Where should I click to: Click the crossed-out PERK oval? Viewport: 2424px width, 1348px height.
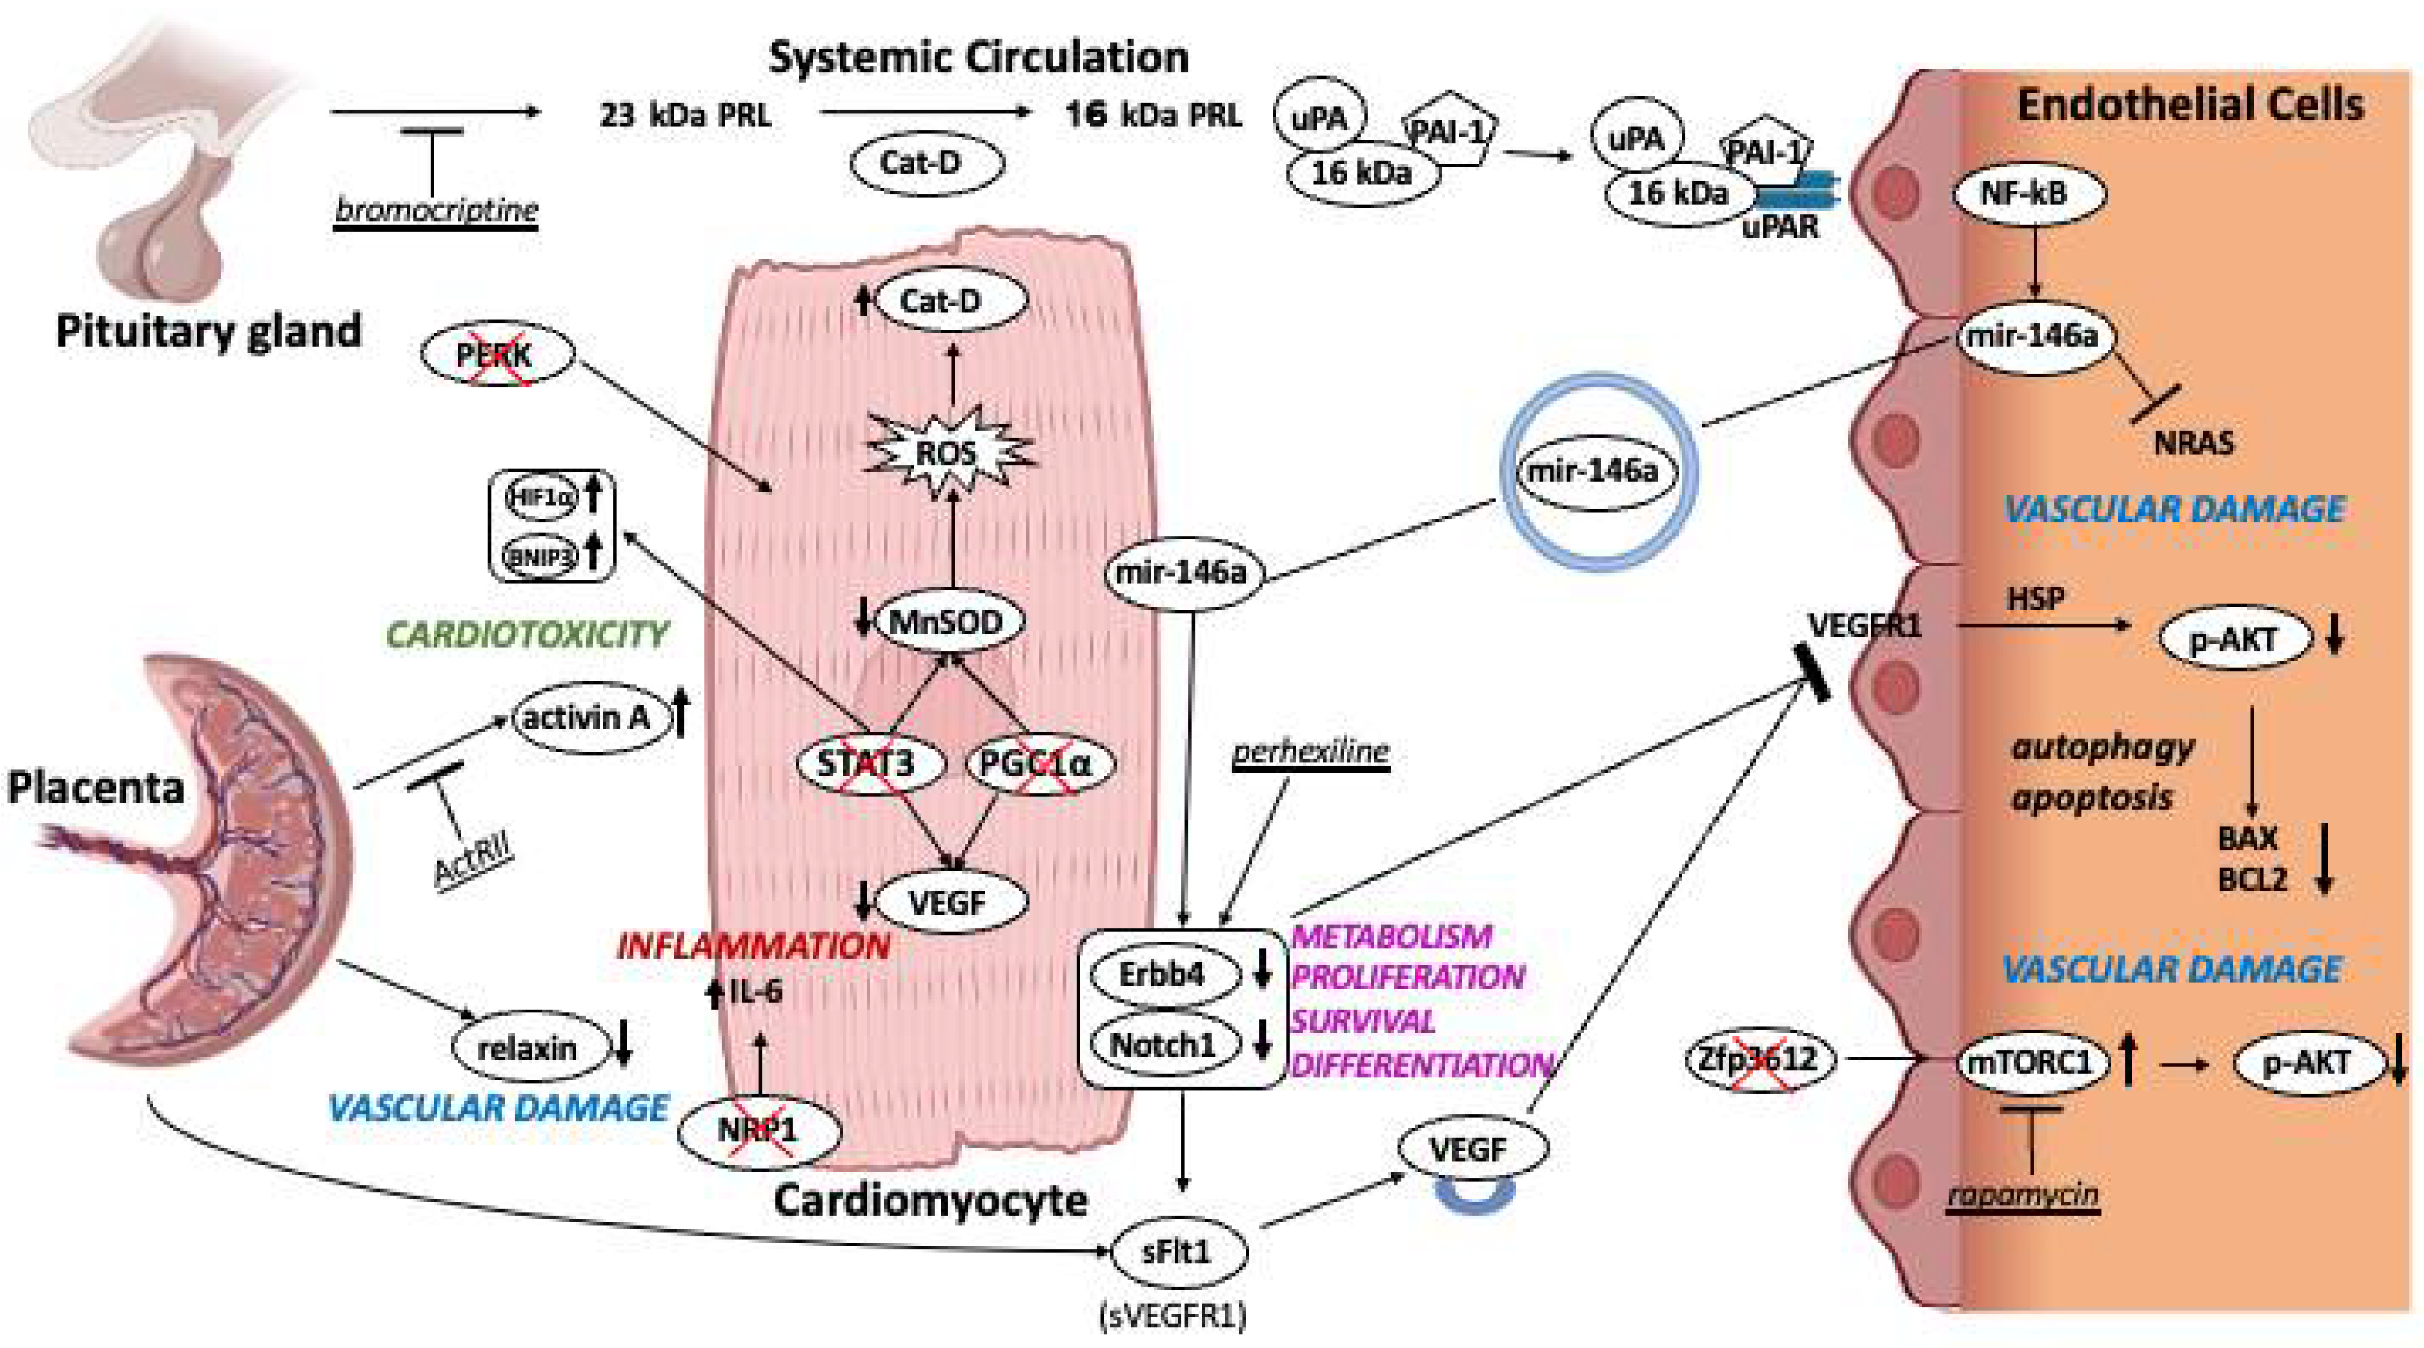pos(496,355)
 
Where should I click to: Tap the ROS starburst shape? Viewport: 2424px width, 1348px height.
pos(947,454)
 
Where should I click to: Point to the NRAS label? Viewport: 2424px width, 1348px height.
pos(2194,443)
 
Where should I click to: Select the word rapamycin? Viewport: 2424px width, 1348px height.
pos(2023,1195)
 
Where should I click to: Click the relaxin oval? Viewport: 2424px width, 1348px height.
pos(527,1048)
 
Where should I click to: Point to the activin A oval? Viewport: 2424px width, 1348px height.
pos(586,719)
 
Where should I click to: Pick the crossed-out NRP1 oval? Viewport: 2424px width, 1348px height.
pos(757,1130)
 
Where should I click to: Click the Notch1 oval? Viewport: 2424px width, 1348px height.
pos(1163,1044)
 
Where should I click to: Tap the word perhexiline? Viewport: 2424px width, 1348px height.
pos(1311,752)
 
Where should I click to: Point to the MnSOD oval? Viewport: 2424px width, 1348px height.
pos(946,622)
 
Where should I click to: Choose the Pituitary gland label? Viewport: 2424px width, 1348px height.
pos(208,331)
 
